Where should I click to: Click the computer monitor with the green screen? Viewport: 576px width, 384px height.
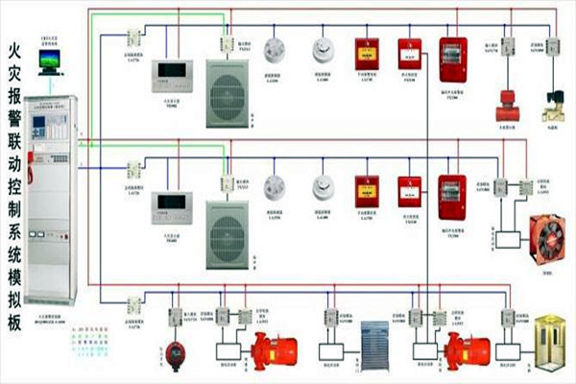click(49, 60)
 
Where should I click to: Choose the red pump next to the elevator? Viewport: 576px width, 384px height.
click(465, 348)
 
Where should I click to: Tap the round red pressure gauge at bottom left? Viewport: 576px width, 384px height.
click(176, 348)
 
